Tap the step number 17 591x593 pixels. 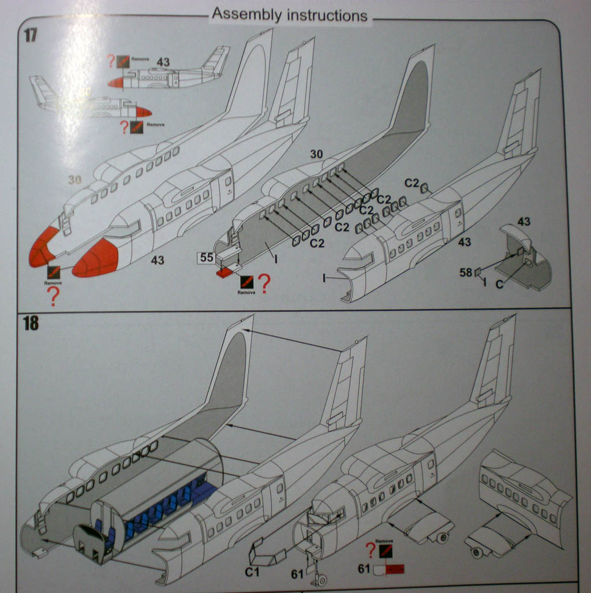[x=30, y=35]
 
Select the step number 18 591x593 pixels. [x=31, y=324]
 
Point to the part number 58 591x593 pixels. [x=466, y=272]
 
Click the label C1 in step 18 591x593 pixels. [x=252, y=572]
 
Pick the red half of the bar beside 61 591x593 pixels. [x=395, y=570]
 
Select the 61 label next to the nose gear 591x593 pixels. [x=297, y=573]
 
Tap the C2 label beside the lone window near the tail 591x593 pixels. [x=411, y=182]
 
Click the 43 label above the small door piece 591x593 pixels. [x=524, y=221]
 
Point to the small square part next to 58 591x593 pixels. [x=477, y=272]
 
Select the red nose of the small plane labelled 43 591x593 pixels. [x=115, y=83]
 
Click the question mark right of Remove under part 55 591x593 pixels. [x=264, y=283]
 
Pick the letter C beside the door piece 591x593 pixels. [x=499, y=284]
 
